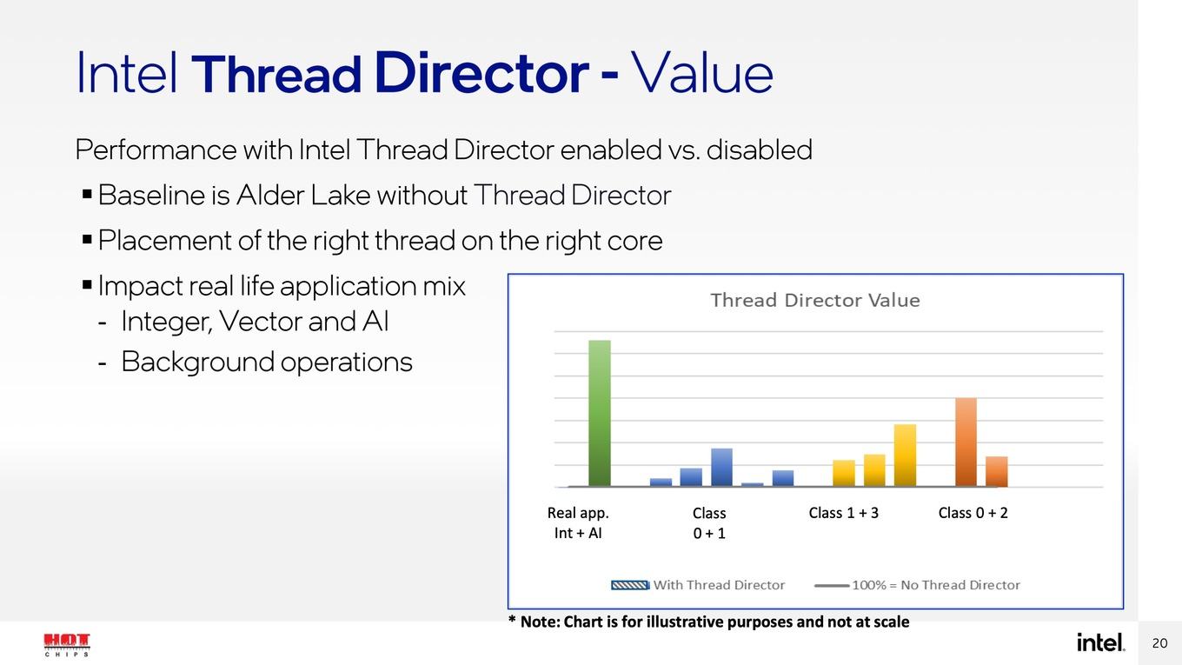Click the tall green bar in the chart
point(600,413)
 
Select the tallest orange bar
point(966,442)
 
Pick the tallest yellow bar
point(905,456)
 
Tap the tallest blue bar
point(722,468)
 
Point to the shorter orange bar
point(997,472)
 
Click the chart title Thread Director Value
point(815,300)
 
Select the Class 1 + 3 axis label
point(844,513)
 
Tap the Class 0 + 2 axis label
point(973,513)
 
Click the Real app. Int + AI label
point(578,523)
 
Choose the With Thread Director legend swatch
point(630,585)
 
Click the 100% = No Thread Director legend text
point(936,585)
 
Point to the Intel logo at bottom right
point(1100,642)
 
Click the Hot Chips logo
point(66,645)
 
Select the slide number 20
point(1159,643)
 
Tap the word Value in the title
point(702,72)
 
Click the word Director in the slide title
point(481,72)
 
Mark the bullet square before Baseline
point(87,194)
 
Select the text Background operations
point(267,362)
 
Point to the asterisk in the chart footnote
point(511,619)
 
